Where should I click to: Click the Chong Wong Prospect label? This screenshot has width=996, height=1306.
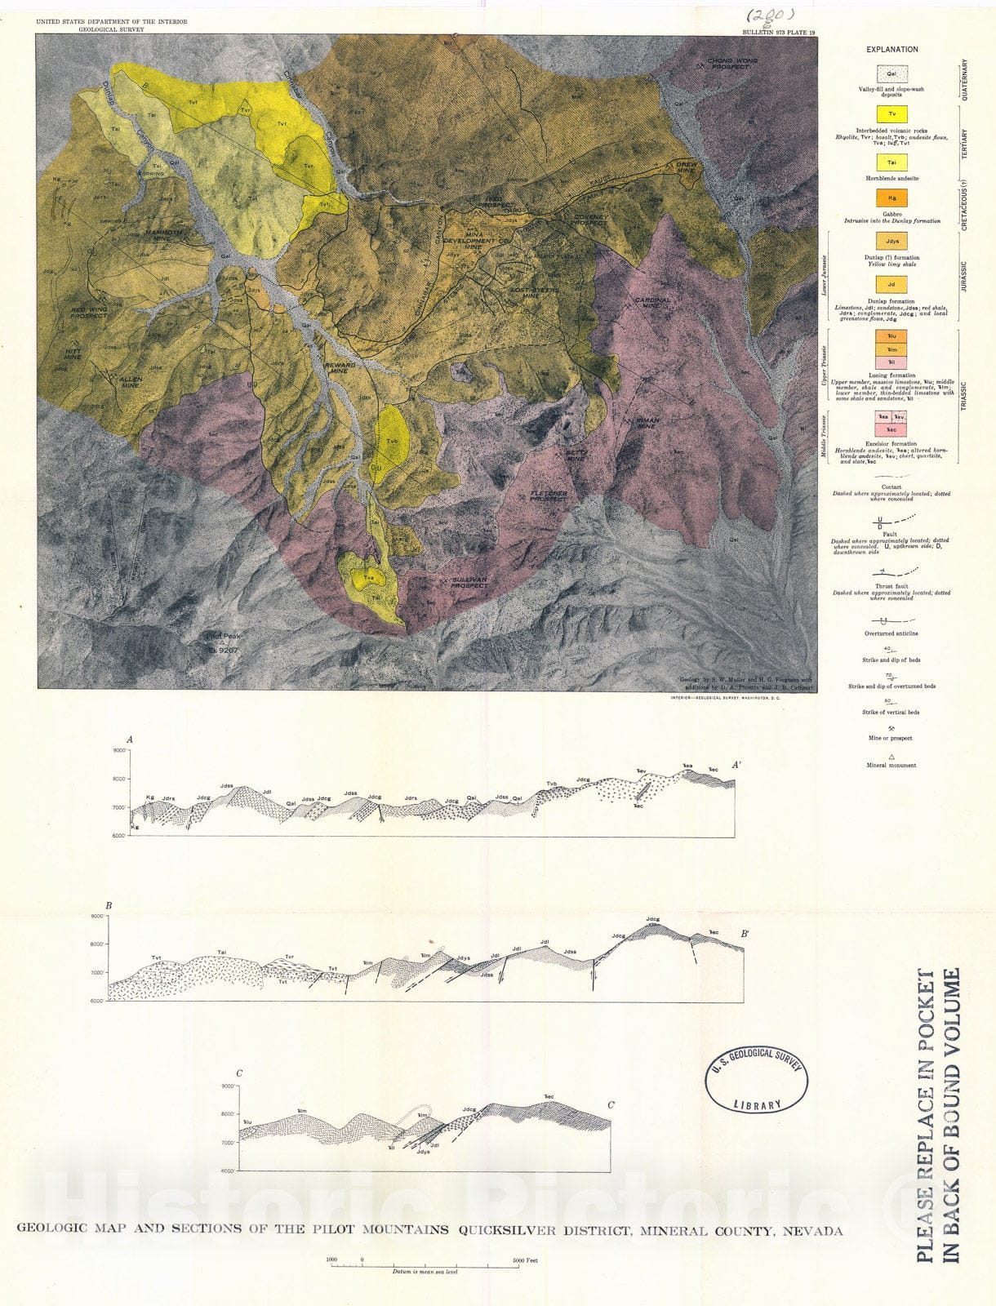point(732,64)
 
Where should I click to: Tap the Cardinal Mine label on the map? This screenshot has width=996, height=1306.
point(652,303)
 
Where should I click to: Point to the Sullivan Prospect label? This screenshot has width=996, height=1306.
point(469,582)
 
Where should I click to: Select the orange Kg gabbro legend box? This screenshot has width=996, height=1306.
point(892,198)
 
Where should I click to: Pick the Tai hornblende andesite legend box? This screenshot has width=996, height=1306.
point(892,163)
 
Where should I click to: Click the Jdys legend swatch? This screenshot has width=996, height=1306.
point(892,242)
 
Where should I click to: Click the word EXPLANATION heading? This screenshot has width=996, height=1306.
point(892,50)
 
